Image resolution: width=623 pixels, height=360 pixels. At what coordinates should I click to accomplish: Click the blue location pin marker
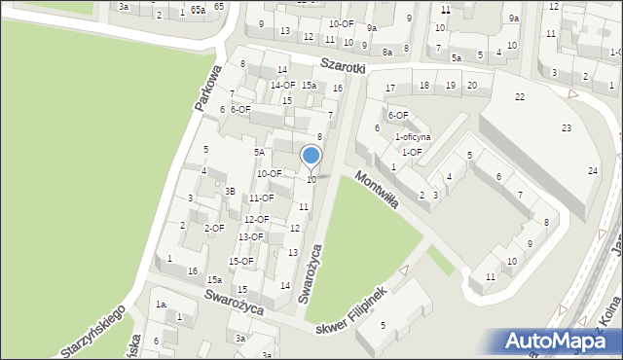311,156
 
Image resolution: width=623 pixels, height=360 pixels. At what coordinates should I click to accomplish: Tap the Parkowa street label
208,87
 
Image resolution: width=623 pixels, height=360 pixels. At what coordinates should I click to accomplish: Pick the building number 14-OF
282,85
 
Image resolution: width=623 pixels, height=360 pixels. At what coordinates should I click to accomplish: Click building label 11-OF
261,198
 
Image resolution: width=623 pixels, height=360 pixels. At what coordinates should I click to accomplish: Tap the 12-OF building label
256,220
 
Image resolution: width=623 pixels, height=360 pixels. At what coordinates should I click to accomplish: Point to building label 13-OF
250,236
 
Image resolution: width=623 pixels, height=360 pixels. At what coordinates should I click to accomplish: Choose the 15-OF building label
240,261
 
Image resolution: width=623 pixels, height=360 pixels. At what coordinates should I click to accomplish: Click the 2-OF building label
214,228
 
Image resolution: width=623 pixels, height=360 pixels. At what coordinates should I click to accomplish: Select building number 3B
230,192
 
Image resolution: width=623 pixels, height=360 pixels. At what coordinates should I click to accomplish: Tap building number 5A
259,153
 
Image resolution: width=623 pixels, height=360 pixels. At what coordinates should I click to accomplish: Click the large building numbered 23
566,128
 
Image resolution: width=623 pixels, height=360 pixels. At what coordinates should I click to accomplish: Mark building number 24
592,171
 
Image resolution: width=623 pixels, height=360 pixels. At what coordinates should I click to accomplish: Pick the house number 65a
199,10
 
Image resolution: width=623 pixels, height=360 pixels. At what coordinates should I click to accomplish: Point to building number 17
390,89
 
